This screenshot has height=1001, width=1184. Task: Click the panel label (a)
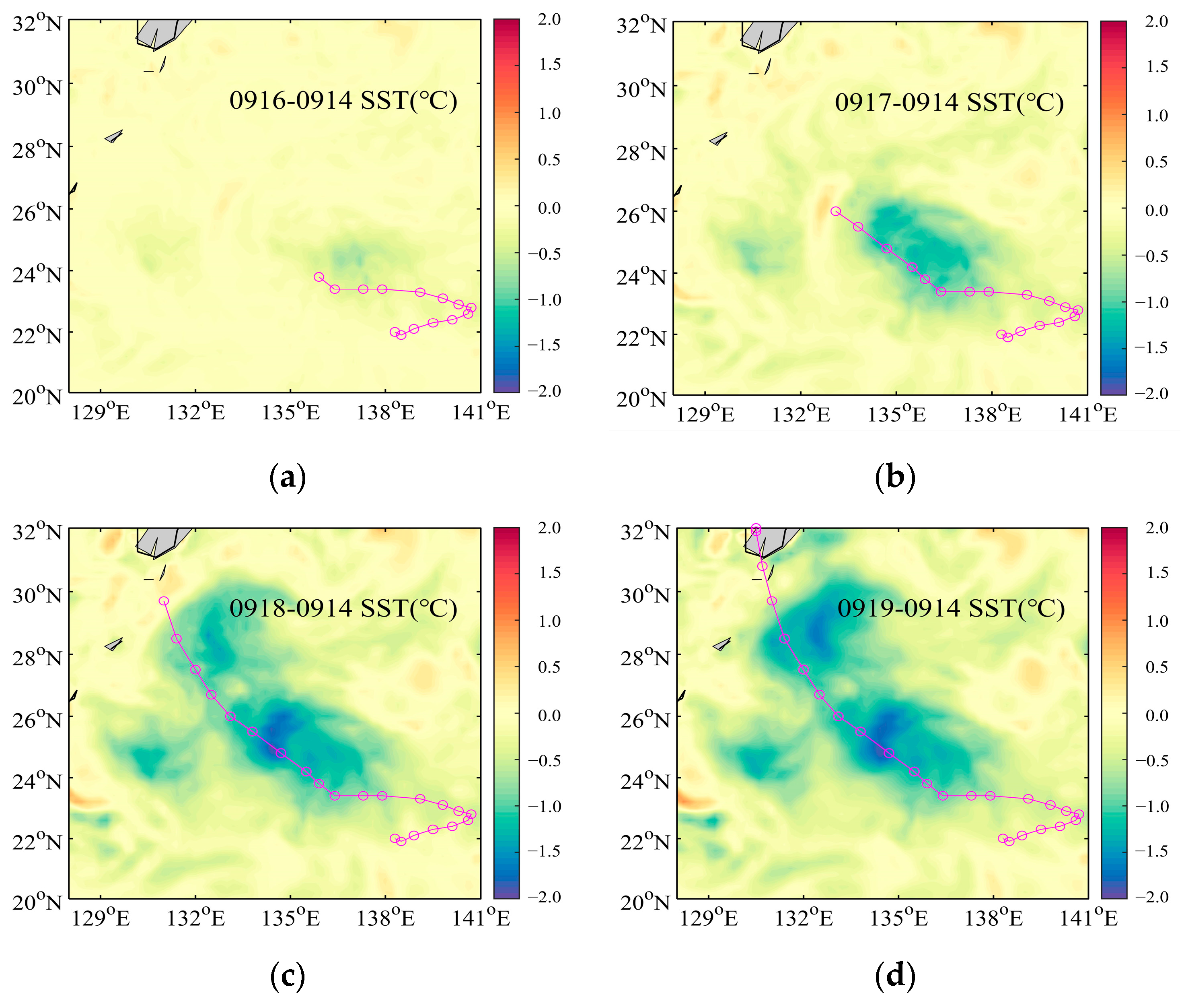coord(288,477)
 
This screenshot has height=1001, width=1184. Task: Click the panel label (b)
coord(895,477)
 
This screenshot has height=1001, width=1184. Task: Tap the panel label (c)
coord(288,976)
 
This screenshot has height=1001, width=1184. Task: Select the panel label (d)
coord(895,976)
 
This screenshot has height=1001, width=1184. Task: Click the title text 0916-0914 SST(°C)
coord(343,101)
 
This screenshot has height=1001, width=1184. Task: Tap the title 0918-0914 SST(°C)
coord(343,608)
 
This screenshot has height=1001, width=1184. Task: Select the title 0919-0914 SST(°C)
coord(951,608)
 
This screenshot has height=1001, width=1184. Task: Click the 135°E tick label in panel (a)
coord(290,413)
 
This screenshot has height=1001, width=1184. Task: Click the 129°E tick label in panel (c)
coord(101,918)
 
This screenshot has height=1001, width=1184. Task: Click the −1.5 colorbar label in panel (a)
coord(544,345)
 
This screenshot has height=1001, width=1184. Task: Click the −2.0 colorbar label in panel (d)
coord(1152,897)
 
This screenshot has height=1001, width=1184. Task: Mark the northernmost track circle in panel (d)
coord(756,529)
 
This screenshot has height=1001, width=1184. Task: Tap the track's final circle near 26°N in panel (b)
coord(835,211)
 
